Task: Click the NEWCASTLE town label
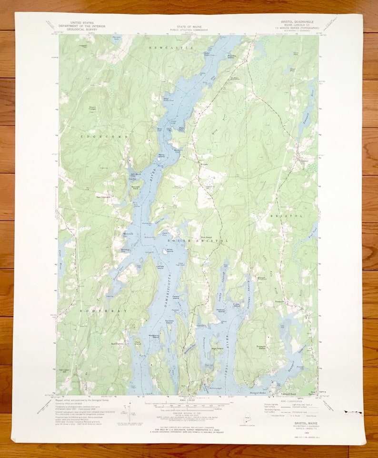click(171, 48)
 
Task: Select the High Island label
click(217, 348)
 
